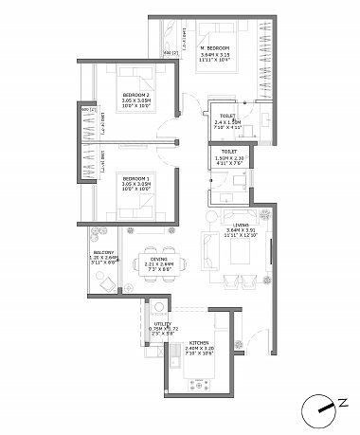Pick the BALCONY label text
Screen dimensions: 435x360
coord(103,252)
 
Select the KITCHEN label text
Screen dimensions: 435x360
coord(199,343)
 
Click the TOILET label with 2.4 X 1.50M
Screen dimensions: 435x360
coord(227,117)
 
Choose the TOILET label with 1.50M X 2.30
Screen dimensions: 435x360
coord(228,151)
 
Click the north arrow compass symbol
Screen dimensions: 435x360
coord(320,409)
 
